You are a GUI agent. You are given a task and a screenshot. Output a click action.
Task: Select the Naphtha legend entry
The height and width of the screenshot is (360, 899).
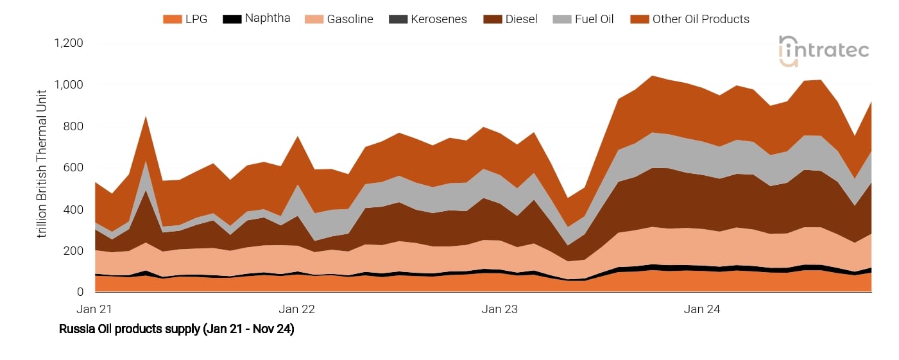(257, 19)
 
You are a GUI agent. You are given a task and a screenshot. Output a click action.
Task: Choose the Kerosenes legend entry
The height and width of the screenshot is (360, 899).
(428, 19)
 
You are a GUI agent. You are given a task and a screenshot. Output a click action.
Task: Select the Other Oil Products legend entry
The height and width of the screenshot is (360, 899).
(690, 19)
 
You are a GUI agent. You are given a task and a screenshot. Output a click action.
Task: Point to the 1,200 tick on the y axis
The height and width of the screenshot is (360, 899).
(69, 44)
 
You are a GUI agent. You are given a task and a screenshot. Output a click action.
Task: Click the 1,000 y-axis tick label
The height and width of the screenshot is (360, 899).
(69, 85)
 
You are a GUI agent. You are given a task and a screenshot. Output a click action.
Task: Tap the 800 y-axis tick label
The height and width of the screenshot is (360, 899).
(74, 126)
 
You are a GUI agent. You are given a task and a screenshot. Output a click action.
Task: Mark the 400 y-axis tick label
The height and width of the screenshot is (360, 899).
(74, 210)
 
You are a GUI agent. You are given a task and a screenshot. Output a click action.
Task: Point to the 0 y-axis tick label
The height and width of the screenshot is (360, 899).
(80, 293)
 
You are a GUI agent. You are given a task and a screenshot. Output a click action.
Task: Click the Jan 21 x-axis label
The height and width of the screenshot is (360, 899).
(94, 309)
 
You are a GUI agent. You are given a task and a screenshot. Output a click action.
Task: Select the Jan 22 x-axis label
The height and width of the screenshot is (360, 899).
(298, 309)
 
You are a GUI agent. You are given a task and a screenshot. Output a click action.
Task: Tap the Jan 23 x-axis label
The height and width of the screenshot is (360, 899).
(500, 309)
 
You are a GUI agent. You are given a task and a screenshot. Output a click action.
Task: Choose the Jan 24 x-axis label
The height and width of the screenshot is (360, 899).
(702, 309)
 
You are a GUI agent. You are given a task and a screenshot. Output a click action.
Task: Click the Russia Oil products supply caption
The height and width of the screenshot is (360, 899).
(176, 330)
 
